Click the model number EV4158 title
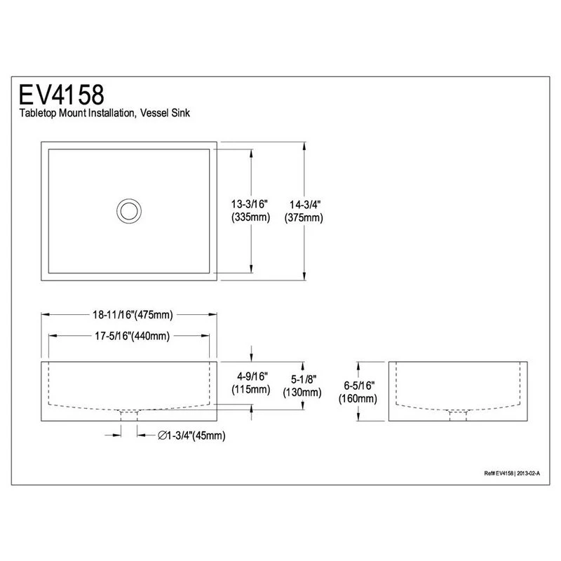tap(61, 95)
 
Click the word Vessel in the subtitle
tap(154, 113)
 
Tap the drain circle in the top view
tap(129, 211)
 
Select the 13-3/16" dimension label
tap(250, 204)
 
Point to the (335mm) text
tap(250, 217)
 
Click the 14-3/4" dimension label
tap(305, 205)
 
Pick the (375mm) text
tap(304, 217)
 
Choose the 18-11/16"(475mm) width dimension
tap(133, 315)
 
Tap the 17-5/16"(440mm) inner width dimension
tap(132, 336)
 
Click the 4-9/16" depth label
tap(252, 377)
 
